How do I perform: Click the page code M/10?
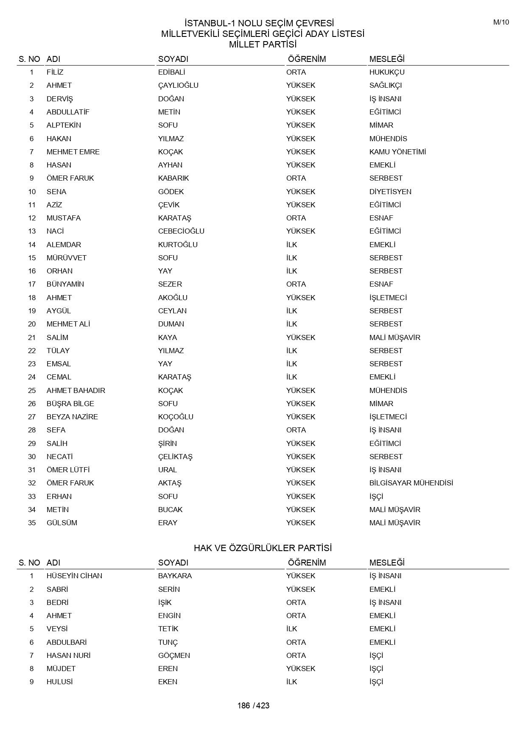pos(501,22)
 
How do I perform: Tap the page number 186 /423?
pos(253,705)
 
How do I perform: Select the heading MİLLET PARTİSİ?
pos(263,45)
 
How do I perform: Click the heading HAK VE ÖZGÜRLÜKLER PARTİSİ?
pos(263,548)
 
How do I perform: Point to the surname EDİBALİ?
pos(172,72)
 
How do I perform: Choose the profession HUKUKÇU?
pos(387,72)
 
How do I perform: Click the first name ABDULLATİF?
pos(68,112)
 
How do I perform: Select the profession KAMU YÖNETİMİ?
pos(397,152)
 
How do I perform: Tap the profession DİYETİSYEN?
pos(390,192)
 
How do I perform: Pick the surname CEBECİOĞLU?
pos(181,231)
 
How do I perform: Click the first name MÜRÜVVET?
pos(67,258)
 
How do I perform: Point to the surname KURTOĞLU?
pos(178,245)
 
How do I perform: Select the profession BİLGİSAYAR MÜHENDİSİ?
pos(411,483)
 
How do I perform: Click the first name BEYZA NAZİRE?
pos(72,417)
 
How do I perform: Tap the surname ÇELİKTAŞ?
pos(175,457)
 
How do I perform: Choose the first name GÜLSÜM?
pos(62,523)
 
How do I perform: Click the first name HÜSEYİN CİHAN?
pos(74,576)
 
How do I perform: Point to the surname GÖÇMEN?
pos(174,655)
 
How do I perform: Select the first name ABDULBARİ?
pos(67,642)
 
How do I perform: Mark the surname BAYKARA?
pos(175,576)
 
